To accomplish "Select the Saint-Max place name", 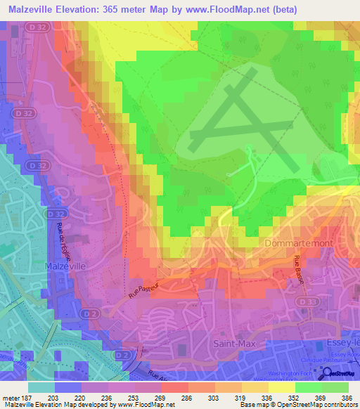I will pos(236,344).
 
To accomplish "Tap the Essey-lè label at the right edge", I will pos(342,344).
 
